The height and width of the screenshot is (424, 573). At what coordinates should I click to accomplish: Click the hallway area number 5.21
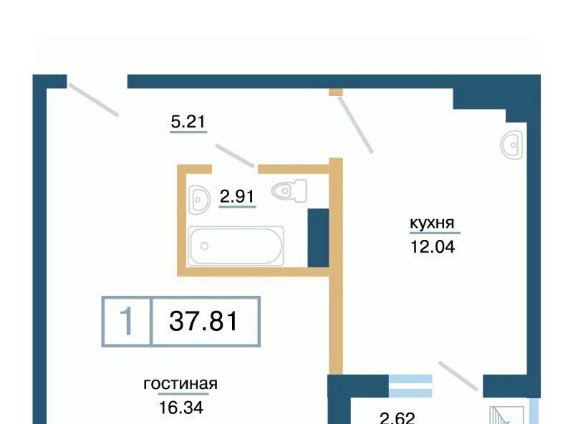pos(188,121)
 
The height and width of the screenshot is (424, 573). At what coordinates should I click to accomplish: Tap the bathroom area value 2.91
pos(237,196)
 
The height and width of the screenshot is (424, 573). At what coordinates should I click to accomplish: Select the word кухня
pos(432,223)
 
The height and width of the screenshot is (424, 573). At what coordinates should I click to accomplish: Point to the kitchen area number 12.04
pos(433,246)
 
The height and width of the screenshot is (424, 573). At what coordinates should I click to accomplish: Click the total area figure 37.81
pos(203,321)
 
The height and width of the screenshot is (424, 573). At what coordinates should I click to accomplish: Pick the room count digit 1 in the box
pos(127,321)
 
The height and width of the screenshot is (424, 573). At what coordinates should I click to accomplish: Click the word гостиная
pos(180,384)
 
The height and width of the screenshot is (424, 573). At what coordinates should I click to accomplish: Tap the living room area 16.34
pos(181,408)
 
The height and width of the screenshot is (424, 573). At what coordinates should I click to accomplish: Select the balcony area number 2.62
pos(398,418)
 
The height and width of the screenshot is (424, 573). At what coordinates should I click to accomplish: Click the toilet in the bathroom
pos(289,191)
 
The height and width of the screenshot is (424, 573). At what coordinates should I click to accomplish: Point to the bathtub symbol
pos(236,246)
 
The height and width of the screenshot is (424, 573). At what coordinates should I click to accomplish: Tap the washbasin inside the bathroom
pos(200,200)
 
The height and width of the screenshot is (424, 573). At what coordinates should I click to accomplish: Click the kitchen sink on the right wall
pos(511,145)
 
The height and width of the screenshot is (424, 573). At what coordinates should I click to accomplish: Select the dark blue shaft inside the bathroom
pos(318,238)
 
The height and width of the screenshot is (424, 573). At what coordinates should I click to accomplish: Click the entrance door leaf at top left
pos(94,100)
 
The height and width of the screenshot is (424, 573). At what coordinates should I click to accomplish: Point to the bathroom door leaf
pos(235,155)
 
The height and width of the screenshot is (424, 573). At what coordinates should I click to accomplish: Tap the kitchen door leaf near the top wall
pos(355,125)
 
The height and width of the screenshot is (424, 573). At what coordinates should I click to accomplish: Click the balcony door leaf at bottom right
pos(458,376)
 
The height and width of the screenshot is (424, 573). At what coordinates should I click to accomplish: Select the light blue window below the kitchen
pos(410,385)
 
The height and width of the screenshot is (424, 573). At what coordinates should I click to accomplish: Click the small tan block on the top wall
pos(335,92)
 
